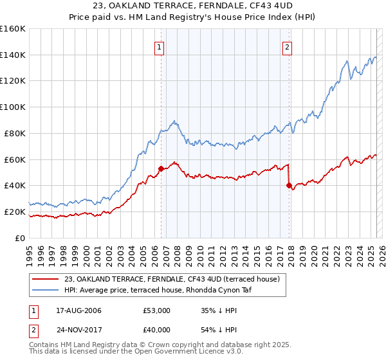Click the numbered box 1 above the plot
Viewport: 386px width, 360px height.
click(x=159, y=46)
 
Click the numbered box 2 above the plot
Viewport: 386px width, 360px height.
click(x=287, y=46)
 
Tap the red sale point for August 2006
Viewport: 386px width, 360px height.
click(x=161, y=168)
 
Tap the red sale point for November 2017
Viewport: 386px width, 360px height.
click(x=289, y=186)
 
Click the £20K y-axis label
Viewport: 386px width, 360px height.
click(x=15, y=212)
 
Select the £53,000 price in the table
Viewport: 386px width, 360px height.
click(x=157, y=310)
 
